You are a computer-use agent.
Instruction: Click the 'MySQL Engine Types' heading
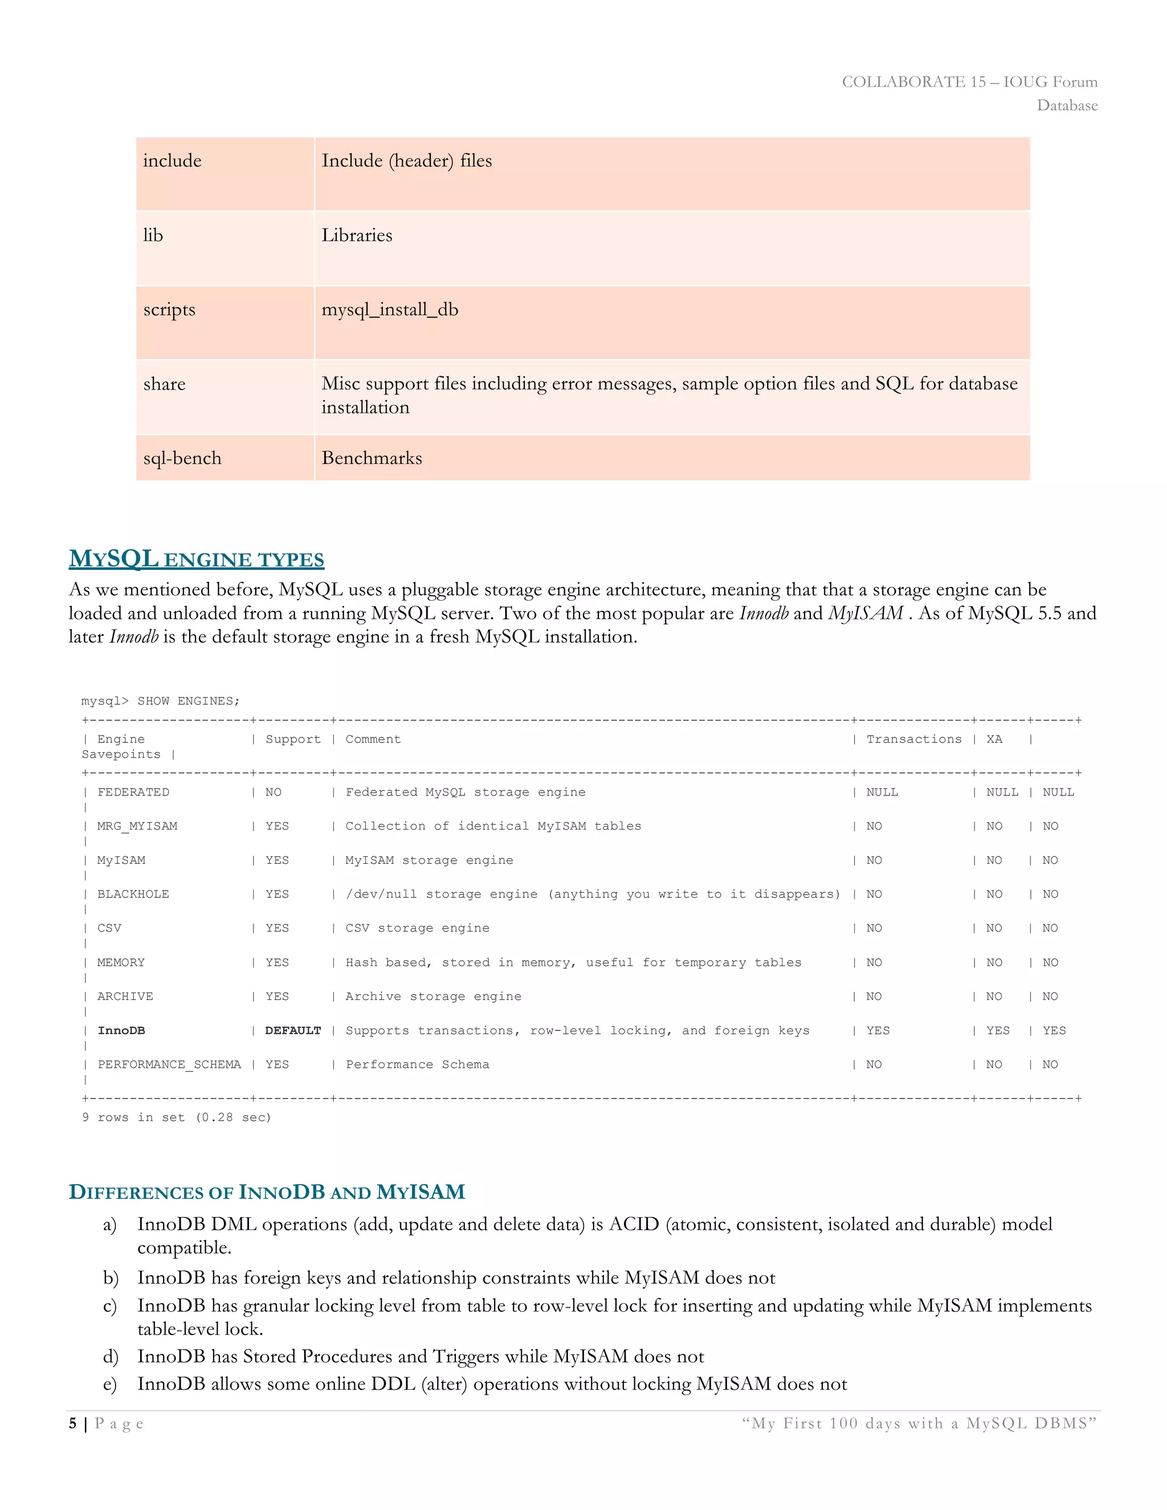pos(197,558)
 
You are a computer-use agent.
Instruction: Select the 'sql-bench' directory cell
pos(182,458)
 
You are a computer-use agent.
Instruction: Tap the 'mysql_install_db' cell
pos(390,310)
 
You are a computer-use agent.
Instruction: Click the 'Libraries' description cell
pos(357,235)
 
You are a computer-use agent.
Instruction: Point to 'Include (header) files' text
pos(406,161)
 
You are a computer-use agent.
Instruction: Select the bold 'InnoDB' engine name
pos(121,1031)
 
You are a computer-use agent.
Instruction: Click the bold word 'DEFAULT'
pos(293,1031)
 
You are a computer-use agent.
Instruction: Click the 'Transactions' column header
pos(913,739)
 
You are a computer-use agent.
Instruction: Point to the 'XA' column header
pos(994,739)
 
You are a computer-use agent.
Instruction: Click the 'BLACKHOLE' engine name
pos(133,895)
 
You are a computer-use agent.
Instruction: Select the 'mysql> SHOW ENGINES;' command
pos(160,701)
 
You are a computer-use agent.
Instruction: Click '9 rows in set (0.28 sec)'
pos(176,1117)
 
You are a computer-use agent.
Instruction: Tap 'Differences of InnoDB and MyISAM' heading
pos(267,1192)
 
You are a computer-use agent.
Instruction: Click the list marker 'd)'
pos(111,1357)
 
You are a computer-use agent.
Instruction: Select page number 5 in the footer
pos(72,1423)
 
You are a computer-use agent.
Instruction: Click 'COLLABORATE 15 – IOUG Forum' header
pos(969,81)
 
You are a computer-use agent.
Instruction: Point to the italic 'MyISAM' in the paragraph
pos(866,613)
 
